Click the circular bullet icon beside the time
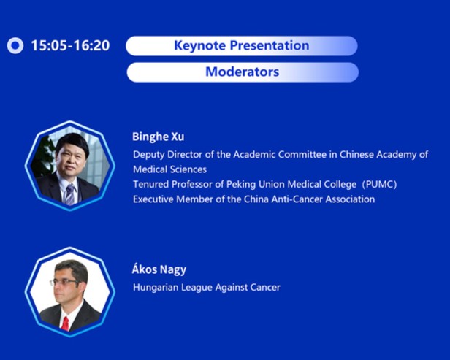point(15,45)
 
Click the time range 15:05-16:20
point(70,45)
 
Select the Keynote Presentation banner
point(242,45)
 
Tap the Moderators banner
point(243,72)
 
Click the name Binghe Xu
point(158,137)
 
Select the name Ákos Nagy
point(159,269)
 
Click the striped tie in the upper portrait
point(69,194)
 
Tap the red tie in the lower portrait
point(66,323)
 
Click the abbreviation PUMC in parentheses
point(379,184)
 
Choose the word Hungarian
point(156,288)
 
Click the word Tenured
point(150,184)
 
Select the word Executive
point(153,199)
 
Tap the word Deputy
point(149,155)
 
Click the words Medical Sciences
point(169,169)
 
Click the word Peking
point(241,185)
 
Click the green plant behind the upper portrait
point(45,156)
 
